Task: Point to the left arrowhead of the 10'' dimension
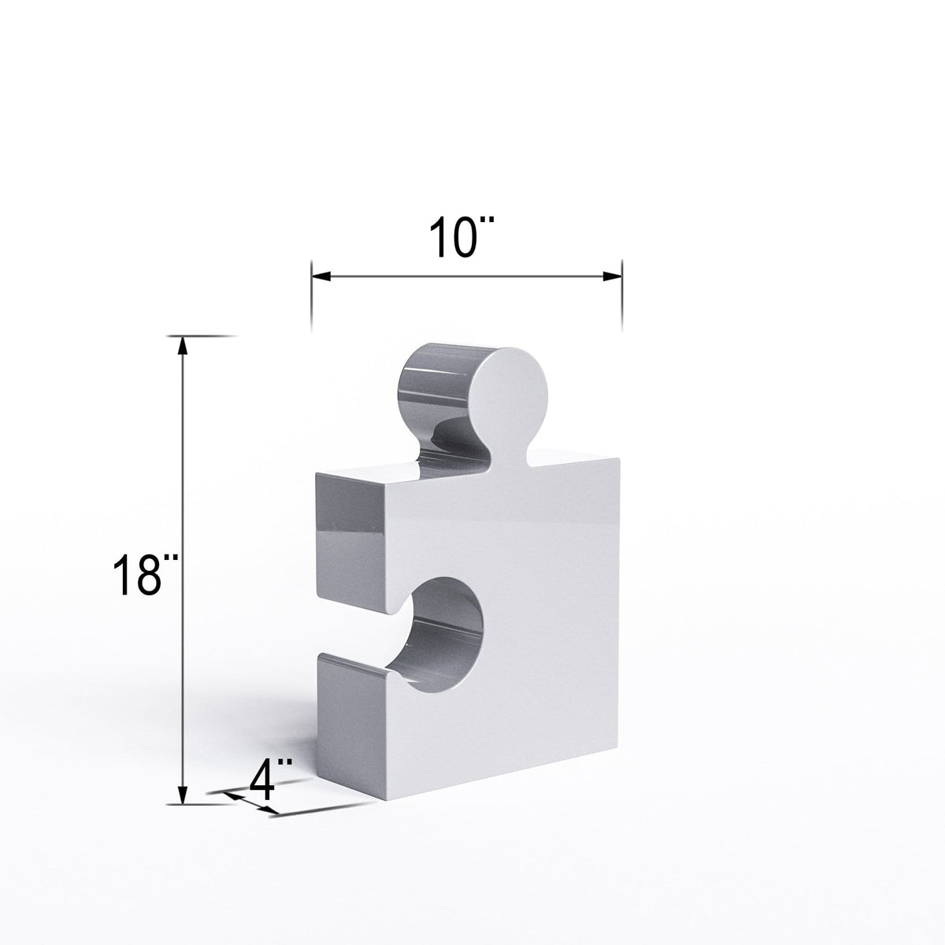pyautogui.click(x=322, y=276)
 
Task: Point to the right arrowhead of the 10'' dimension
pyautogui.click(x=613, y=276)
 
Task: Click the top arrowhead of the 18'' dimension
pyautogui.click(x=183, y=346)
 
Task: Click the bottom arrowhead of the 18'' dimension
pyautogui.click(x=183, y=795)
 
